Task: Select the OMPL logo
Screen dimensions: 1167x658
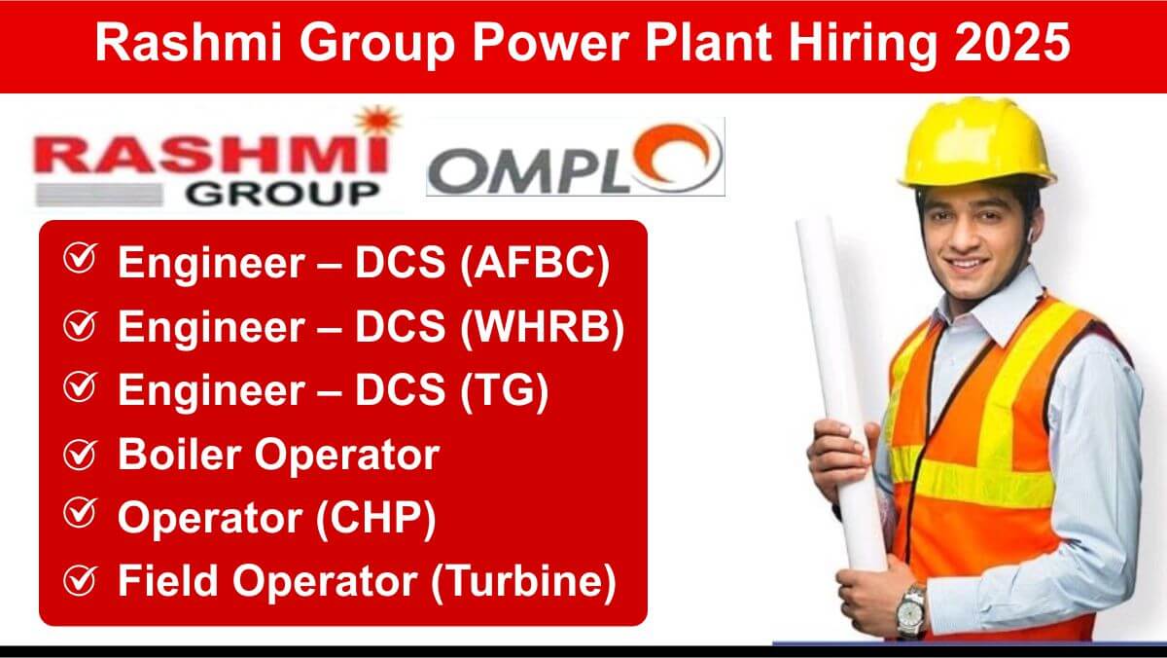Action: pos(576,158)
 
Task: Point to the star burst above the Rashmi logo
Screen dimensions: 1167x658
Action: pos(378,120)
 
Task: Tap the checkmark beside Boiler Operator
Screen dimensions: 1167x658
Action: pos(80,454)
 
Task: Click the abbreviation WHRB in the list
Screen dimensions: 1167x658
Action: pos(543,327)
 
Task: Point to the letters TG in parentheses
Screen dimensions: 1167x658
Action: pos(505,390)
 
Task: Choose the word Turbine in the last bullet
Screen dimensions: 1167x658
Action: pos(523,581)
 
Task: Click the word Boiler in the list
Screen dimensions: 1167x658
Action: pos(180,454)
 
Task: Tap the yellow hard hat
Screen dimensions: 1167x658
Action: pos(975,144)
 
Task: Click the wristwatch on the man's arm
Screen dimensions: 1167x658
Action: pos(911,611)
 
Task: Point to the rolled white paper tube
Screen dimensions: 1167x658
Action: pos(840,391)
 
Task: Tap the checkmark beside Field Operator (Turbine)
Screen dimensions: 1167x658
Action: pos(80,580)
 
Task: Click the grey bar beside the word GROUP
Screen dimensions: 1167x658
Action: pos(99,195)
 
